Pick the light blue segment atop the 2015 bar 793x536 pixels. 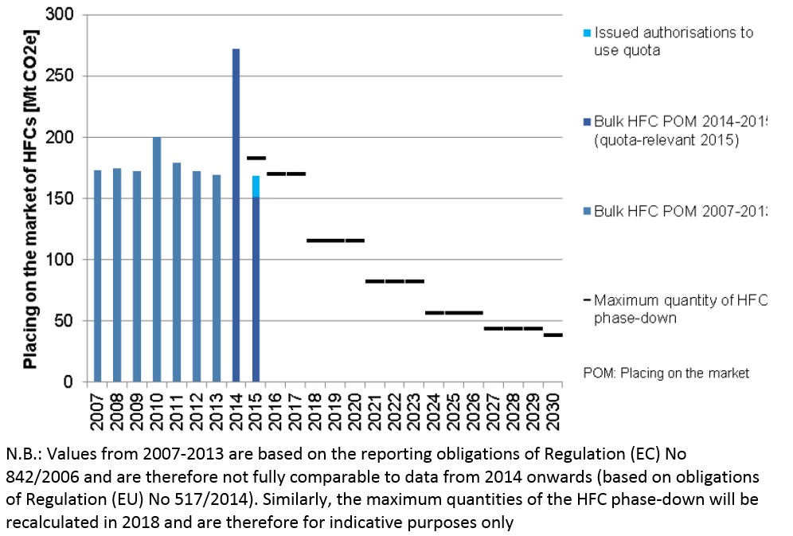point(256,186)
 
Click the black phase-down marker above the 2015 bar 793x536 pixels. point(256,158)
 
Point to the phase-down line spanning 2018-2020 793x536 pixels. point(335,240)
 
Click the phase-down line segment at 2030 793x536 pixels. point(553,335)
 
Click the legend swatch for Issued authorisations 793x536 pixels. point(588,33)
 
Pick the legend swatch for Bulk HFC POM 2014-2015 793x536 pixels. point(588,122)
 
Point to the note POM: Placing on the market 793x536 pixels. point(666,373)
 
